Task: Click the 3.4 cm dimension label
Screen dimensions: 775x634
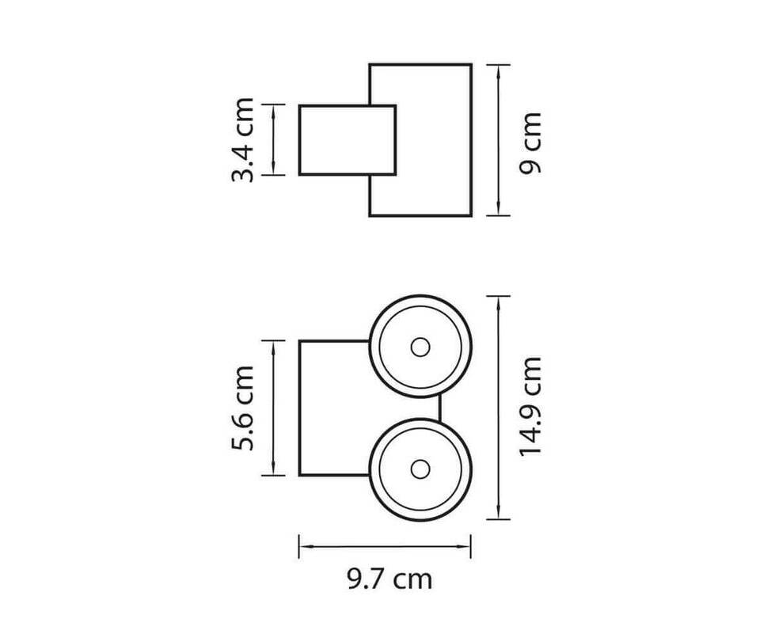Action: [x=243, y=140]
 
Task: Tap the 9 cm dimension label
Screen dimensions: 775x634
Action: [x=530, y=143]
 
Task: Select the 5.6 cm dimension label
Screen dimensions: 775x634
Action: [x=243, y=408]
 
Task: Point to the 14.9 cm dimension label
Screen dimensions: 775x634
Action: [x=530, y=406]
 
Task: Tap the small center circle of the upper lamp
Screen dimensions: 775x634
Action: [x=420, y=347]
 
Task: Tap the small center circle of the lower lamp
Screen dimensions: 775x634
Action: [x=420, y=469]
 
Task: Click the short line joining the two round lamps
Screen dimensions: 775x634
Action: [x=439, y=408]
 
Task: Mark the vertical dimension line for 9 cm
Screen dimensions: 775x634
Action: [x=498, y=140]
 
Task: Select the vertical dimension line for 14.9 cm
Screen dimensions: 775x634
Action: [x=498, y=408]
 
